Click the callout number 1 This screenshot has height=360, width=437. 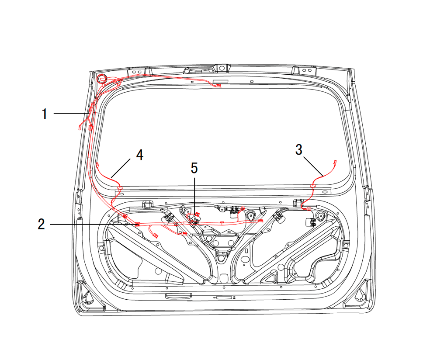45,114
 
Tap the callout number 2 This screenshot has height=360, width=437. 41,224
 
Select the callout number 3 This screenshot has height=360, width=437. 299,149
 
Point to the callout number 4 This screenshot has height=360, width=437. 140,155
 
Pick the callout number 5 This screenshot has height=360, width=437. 194,168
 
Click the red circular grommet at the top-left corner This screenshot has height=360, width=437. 101,79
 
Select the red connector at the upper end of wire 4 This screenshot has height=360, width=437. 97,165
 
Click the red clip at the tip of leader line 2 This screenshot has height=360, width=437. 138,225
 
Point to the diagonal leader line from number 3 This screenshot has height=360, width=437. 313,166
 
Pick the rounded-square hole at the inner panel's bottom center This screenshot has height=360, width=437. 224,278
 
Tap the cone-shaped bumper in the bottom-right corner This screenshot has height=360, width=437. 360,295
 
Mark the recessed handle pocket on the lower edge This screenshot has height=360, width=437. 178,295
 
